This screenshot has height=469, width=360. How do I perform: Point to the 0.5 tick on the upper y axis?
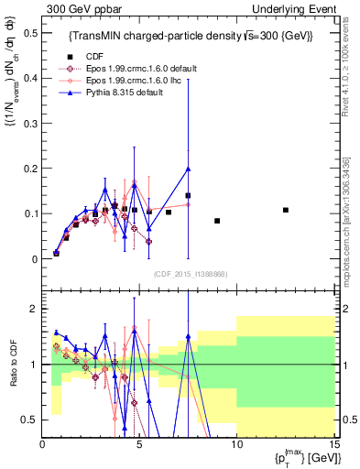(x=30, y=33)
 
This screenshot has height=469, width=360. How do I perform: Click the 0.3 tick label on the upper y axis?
(x=30, y=124)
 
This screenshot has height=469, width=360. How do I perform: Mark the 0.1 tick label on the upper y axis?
(x=30, y=213)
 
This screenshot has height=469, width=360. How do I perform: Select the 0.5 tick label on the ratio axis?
(x=30, y=420)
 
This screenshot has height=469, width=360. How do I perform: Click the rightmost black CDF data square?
(x=286, y=210)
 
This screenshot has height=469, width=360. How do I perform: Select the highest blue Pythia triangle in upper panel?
(x=188, y=169)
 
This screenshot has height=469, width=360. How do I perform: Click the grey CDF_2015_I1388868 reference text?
(x=190, y=274)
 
